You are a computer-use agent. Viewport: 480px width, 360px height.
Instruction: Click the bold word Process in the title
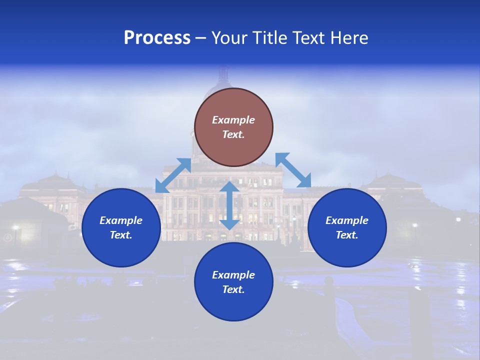tap(157, 38)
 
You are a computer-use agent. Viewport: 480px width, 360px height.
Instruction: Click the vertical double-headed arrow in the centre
tap(229, 205)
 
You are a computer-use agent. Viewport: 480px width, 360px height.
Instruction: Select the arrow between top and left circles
tap(173, 175)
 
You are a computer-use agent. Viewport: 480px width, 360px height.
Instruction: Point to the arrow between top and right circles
tap(293, 170)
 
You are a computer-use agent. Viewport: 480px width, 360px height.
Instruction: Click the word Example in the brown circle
tap(233, 120)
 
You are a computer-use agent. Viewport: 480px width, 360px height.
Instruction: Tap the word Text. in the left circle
tap(121, 235)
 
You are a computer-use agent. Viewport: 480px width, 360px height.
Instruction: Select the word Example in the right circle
tap(347, 220)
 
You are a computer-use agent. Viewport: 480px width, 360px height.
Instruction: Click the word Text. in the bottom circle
tap(233, 289)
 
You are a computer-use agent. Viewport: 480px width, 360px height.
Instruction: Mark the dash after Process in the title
tap(200, 38)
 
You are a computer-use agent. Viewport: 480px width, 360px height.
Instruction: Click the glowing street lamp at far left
tap(15, 228)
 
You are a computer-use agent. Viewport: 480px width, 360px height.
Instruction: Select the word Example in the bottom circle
tap(233, 275)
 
